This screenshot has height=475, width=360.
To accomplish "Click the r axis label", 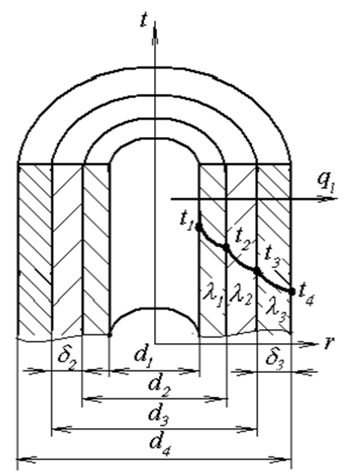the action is coord(328,343).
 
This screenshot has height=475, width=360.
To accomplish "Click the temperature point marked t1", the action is coord(199,226).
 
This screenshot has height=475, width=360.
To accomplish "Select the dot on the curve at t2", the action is coord(226,247).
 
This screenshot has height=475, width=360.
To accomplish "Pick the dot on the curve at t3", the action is coord(257,270).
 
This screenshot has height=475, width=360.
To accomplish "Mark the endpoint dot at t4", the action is coord(292,291).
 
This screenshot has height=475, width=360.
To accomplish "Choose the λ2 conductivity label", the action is coord(240,294).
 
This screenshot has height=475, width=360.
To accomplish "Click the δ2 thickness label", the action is coord(66,360).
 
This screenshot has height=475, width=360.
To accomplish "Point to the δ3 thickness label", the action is coord(275,360).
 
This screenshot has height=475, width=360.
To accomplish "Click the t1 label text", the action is coord(186,220).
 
